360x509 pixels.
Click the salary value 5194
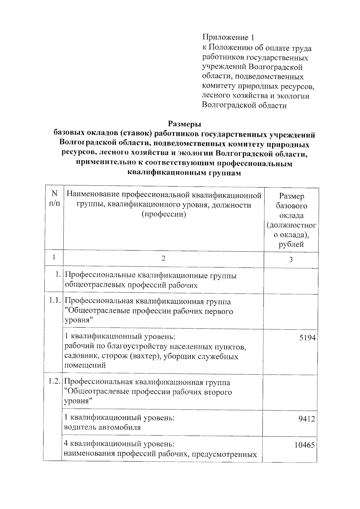(307, 338)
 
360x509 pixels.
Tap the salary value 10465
(304, 445)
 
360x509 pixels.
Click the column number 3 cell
(291, 260)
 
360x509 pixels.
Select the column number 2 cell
(163, 258)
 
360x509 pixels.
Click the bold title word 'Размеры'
(184, 124)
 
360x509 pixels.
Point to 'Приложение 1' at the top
(228, 37)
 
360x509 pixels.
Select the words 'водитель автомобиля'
(103, 427)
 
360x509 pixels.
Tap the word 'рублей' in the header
(291, 244)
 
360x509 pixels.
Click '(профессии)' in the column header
(163, 214)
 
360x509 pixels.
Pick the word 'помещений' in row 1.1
(85, 365)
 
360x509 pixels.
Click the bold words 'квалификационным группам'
(184, 173)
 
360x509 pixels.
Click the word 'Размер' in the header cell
(291, 196)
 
